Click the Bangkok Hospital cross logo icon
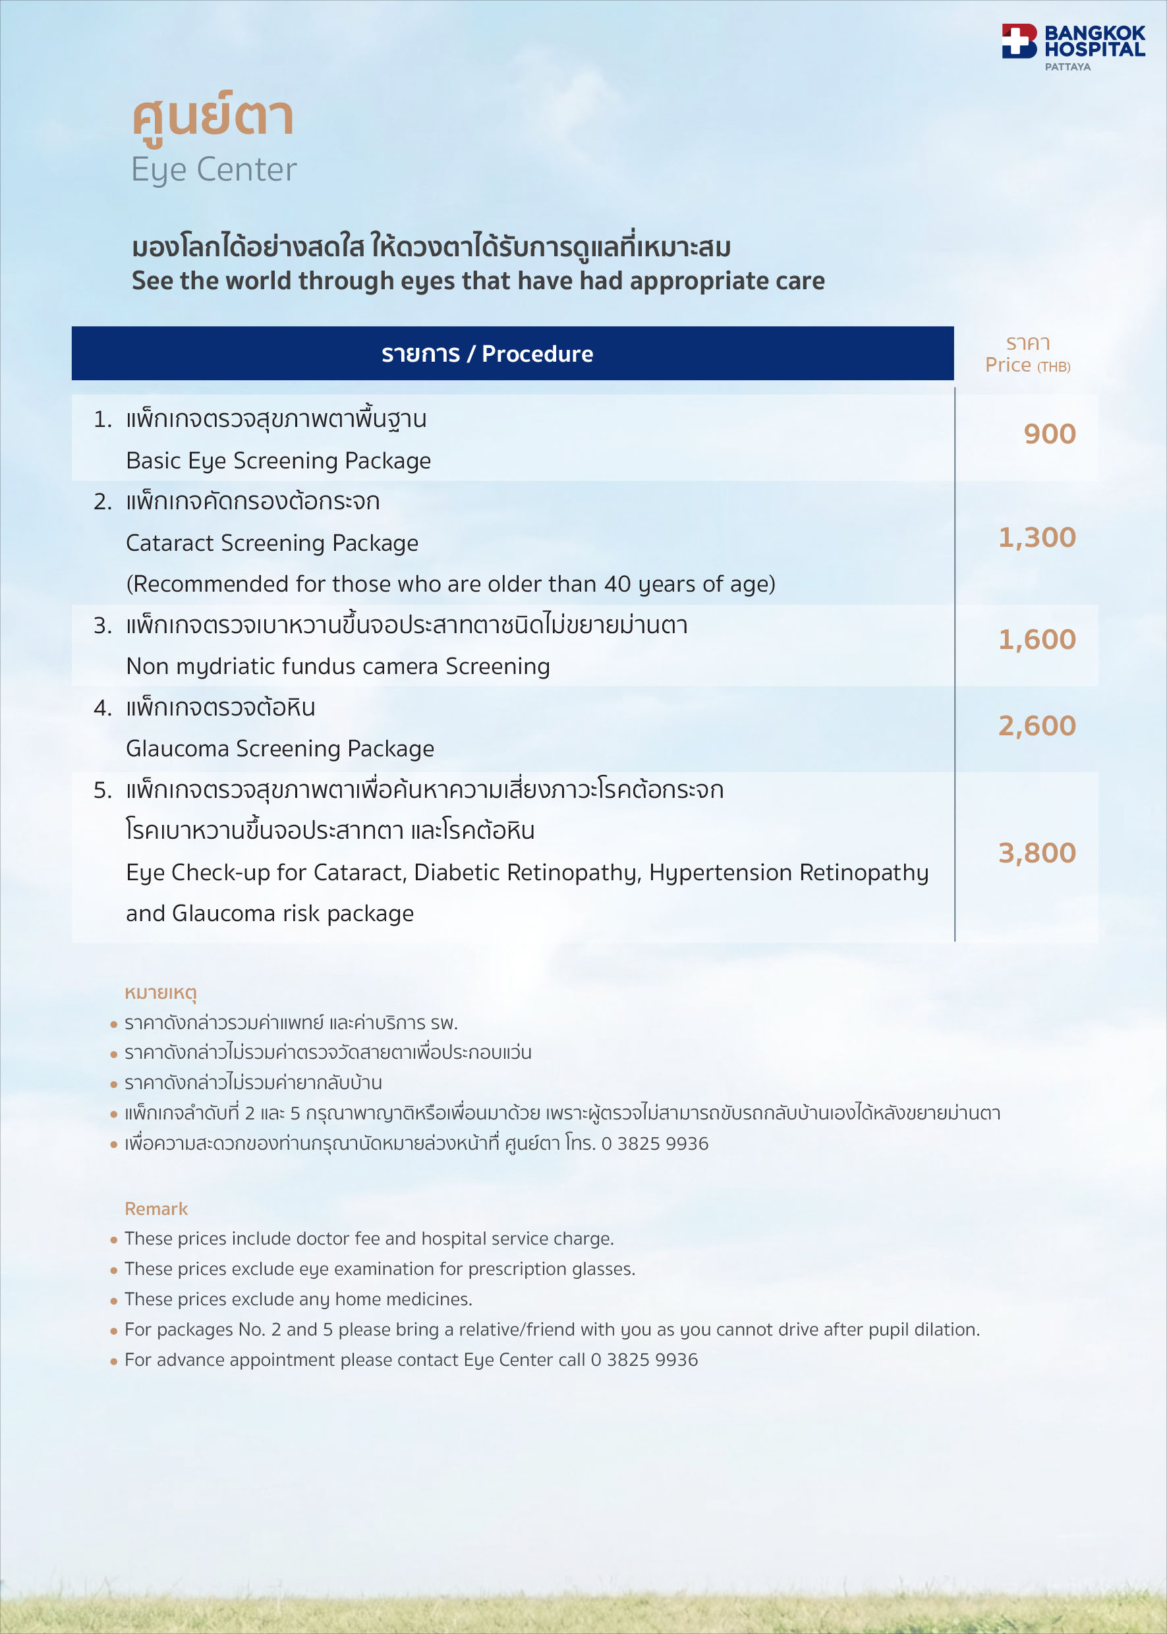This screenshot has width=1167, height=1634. pyautogui.click(x=1019, y=40)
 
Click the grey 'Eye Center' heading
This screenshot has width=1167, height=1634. pyautogui.click(x=213, y=170)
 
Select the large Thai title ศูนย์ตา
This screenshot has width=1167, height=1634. pyautogui.click(x=213, y=117)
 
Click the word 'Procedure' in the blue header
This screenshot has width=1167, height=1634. pyautogui.click(x=537, y=354)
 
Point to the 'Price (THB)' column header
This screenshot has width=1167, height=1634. pyautogui.click(x=1027, y=364)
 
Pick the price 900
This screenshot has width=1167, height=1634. pyautogui.click(x=1049, y=434)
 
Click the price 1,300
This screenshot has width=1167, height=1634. pyautogui.click(x=1037, y=538)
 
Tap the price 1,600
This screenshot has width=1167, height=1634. pyautogui.click(x=1037, y=640)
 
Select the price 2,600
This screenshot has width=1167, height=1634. pyautogui.click(x=1037, y=725)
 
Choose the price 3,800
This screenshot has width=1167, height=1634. pyautogui.click(x=1037, y=853)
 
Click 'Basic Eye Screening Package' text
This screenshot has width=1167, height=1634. pyautogui.click(x=278, y=461)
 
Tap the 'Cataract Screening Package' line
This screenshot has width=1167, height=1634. pyautogui.click(x=271, y=543)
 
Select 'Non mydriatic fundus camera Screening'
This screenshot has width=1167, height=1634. pyautogui.click(x=338, y=667)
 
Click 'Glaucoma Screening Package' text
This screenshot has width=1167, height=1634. pyautogui.click(x=279, y=748)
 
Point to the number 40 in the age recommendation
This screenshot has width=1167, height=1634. pyautogui.click(x=617, y=584)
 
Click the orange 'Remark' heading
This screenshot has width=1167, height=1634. pyautogui.click(x=156, y=1208)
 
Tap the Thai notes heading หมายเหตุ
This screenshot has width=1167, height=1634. pyautogui.click(x=160, y=993)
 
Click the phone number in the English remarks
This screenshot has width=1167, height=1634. pyautogui.click(x=644, y=1359)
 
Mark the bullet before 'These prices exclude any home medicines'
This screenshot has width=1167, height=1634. pyautogui.click(x=113, y=1301)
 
